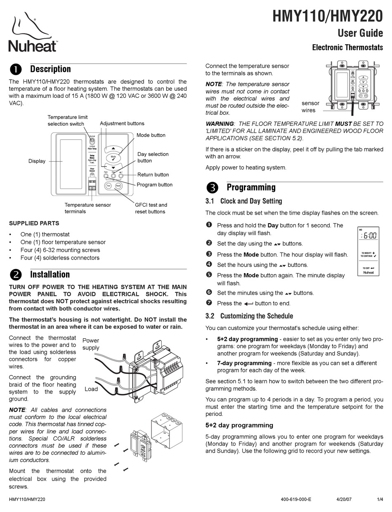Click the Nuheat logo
33,33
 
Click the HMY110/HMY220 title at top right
328,17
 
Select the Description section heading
50,69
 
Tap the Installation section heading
50,274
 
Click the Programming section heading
251,187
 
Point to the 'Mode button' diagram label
151,135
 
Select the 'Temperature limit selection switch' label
67,120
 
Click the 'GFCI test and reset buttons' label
151,208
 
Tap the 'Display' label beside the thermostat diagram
37,161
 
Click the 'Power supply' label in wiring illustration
91,344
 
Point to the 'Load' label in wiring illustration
91,389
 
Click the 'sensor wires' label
310,106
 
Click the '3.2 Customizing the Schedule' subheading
249,316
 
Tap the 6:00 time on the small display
369,236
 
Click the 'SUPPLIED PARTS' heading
34,223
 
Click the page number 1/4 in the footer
380,499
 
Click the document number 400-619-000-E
296,499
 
